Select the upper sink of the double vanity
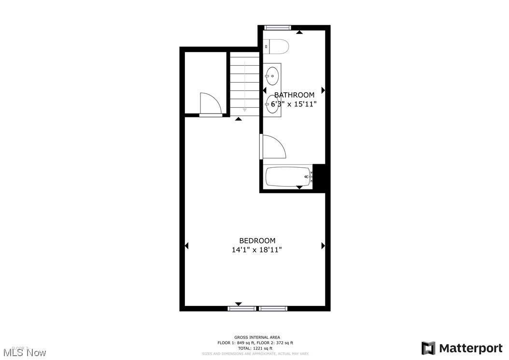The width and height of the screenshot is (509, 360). tap(272, 76)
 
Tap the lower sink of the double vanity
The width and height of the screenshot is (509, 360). tap(271, 104)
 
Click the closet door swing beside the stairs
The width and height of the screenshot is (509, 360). tap(210, 103)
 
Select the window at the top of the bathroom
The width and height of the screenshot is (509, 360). tap(278, 28)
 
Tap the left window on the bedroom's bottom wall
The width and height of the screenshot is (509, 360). tap(242, 308)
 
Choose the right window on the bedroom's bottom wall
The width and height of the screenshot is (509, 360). tap(273, 308)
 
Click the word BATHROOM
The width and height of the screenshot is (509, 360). tap(294, 95)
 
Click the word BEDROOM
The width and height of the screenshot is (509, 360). tap(257, 241)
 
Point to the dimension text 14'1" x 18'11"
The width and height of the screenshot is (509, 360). tap(256, 250)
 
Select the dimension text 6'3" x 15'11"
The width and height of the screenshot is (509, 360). tap(294, 104)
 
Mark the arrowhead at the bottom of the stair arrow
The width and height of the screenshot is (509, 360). tap(245, 110)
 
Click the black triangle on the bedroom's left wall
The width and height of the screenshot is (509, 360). tap(186, 246)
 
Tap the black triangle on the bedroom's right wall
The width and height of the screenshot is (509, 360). tap(323, 246)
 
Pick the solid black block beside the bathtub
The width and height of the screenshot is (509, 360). tap(320, 177)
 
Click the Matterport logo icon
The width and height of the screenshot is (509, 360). tap(428, 348)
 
